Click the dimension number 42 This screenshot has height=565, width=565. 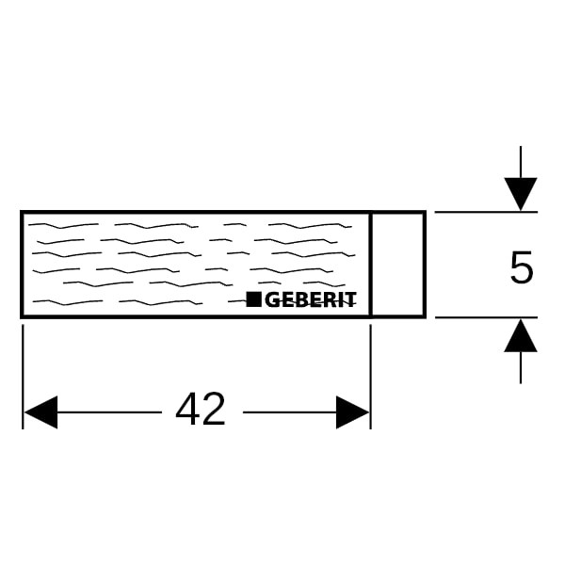click(201, 411)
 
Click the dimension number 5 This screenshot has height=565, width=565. click(521, 269)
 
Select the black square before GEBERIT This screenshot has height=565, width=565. click(253, 300)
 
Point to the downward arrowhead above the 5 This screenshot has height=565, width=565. click(521, 194)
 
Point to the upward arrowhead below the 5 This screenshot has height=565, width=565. click(521, 335)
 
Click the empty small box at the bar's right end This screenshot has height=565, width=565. click(397, 264)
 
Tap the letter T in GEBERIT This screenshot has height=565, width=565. click(351, 300)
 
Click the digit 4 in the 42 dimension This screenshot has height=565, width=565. click(188, 411)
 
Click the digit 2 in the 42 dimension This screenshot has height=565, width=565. click(214, 411)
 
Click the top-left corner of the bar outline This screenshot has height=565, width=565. click(23, 213)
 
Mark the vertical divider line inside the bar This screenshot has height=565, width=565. click(371, 264)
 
